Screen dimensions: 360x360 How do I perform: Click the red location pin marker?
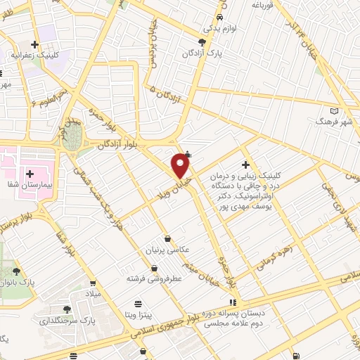(181, 166)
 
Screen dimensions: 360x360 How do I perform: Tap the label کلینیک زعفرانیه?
(32, 53)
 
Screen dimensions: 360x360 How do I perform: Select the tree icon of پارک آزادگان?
(202, 41)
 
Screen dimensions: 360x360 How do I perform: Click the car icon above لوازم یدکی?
(220, 18)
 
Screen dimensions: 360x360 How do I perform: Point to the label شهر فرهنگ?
(337, 122)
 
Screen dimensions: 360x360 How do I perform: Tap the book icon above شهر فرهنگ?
(335, 110)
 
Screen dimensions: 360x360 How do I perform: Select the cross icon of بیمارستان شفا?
(30, 173)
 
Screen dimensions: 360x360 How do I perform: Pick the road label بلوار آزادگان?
(117, 143)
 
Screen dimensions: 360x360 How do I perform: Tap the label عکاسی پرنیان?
(167, 250)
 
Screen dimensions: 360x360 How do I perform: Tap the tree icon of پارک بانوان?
(16, 270)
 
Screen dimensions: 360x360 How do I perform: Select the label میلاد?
(94, 292)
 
